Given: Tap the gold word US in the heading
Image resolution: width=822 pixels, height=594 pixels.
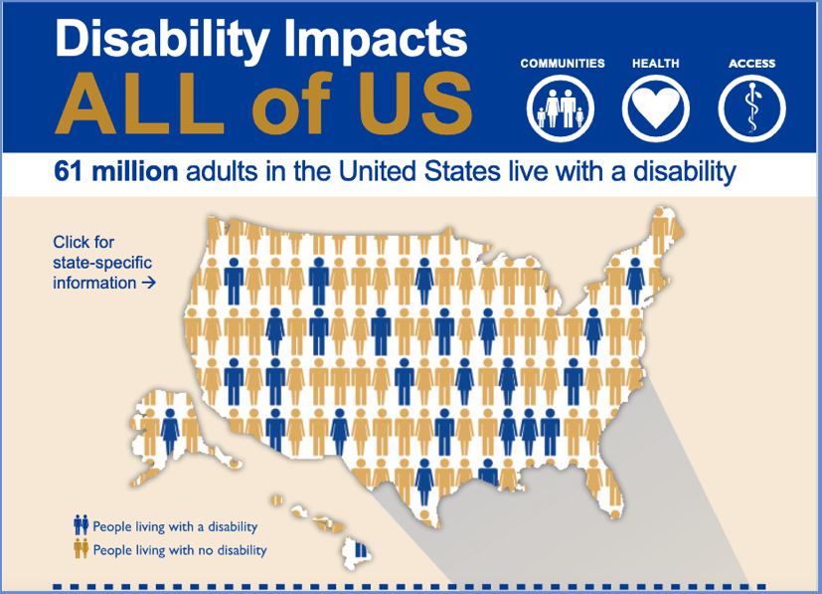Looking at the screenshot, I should (x=417, y=103).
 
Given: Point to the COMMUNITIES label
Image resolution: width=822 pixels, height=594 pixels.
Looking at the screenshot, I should (x=562, y=64).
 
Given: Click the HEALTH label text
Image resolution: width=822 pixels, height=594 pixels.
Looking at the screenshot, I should (x=656, y=64).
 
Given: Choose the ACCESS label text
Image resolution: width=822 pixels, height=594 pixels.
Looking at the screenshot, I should (x=751, y=64).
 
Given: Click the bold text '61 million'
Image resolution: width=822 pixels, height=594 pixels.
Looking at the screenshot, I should (x=116, y=172).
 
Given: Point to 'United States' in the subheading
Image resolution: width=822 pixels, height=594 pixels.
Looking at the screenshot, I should (x=417, y=172).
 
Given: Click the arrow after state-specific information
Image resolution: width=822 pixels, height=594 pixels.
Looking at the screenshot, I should (x=149, y=283).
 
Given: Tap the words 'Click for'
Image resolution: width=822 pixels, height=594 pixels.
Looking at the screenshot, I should (x=84, y=242).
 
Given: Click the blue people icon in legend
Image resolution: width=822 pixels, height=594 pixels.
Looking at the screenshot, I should (x=81, y=525).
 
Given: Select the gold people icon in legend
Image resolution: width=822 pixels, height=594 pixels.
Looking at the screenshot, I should (x=81, y=548).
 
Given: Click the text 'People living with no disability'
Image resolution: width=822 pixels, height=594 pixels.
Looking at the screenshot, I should (x=180, y=549).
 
